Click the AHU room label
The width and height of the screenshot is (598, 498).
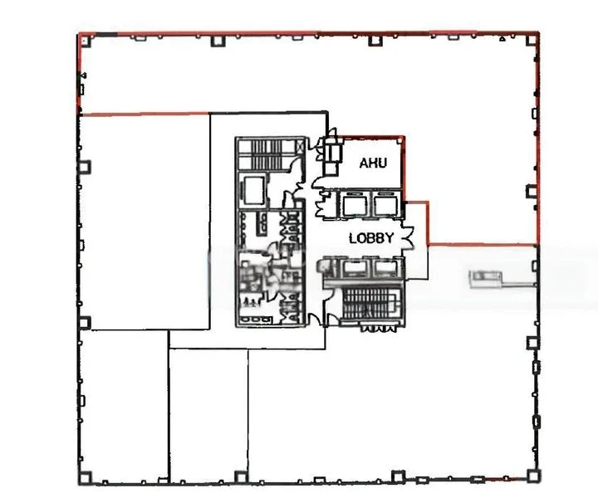pos(374,164)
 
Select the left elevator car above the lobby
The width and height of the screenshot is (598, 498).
pos(355,204)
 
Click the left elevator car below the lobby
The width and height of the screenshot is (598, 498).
pos(355,266)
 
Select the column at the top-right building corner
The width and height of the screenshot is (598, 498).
pos(534,38)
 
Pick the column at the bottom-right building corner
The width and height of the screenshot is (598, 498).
pos(534,476)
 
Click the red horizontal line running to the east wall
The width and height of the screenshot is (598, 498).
pos(482,245)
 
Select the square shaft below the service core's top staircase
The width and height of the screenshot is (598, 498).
pos(251,191)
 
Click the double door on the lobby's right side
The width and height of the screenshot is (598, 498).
pos(408,238)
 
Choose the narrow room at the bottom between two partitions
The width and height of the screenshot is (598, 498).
pos(208,415)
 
